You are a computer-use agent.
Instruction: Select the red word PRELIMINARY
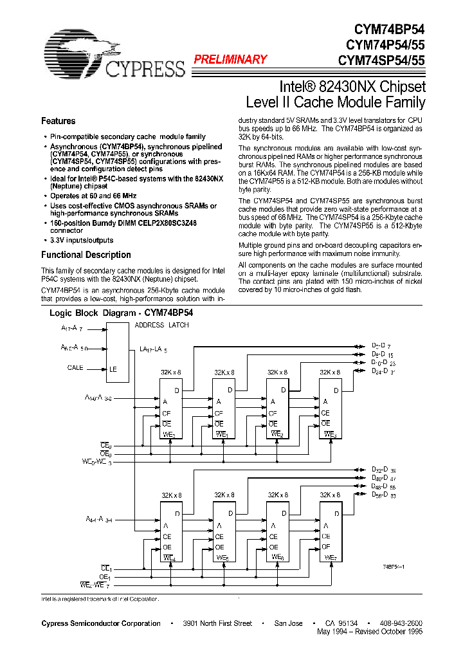(x=230, y=60)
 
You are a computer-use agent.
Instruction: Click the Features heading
(x=58, y=121)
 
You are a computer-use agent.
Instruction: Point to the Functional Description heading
(x=86, y=255)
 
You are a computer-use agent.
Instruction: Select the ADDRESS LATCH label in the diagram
(x=161, y=325)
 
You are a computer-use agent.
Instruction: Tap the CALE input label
(x=75, y=368)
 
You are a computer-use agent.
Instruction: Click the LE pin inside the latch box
(x=113, y=369)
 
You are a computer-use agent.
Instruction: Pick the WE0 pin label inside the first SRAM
(x=169, y=434)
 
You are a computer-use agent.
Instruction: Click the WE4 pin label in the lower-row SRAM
(x=169, y=557)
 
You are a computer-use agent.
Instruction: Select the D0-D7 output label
(x=383, y=346)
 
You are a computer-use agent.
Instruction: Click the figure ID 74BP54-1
(x=393, y=566)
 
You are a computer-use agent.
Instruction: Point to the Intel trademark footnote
(x=99, y=598)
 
